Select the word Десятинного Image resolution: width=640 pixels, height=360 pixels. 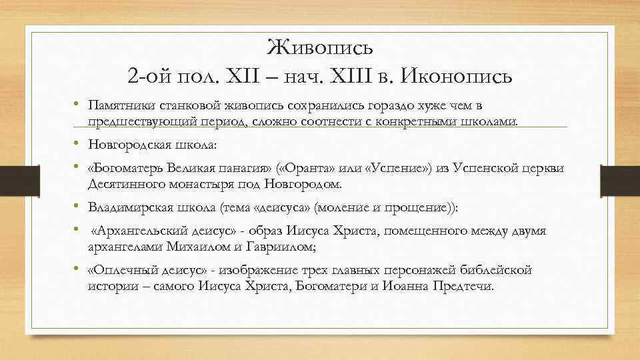point(120,183)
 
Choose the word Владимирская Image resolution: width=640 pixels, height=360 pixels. point(125,207)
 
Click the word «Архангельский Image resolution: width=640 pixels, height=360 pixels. point(143,232)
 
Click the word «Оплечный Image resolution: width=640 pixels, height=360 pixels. point(118,271)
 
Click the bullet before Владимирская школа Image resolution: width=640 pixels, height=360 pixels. point(78,207)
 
